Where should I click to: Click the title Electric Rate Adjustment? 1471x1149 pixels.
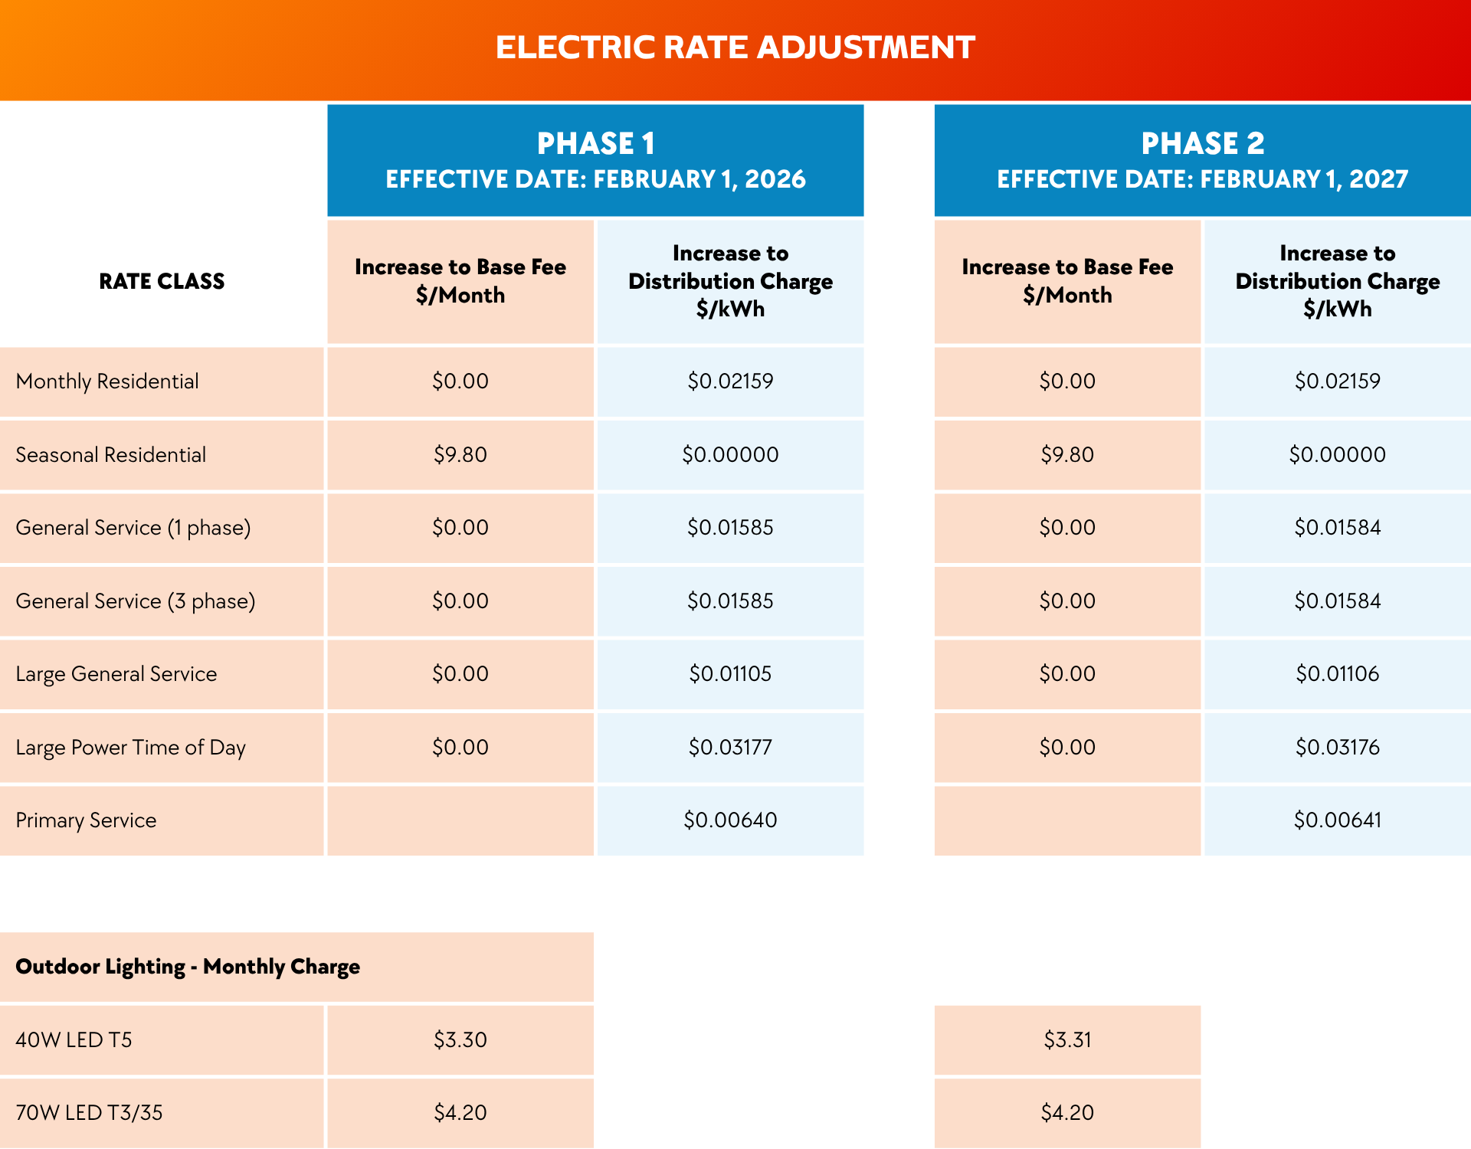click(x=735, y=47)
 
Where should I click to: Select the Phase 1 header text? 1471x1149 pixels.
click(x=595, y=143)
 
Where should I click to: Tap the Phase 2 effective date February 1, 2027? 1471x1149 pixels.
click(x=1202, y=179)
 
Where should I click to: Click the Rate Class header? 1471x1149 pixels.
click(x=162, y=281)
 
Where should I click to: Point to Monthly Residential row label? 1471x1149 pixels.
click(x=107, y=381)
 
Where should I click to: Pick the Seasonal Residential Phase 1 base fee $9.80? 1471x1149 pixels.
click(x=460, y=455)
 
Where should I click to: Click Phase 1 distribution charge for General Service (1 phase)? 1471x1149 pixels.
click(x=730, y=528)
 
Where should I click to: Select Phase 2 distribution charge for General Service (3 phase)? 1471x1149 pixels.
click(x=1337, y=601)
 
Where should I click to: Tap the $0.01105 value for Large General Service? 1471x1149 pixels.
click(x=730, y=674)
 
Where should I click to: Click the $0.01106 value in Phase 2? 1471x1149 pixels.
click(x=1337, y=674)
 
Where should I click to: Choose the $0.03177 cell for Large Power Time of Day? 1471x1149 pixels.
click(x=730, y=747)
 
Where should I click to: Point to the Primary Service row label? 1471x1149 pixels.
click(x=86, y=820)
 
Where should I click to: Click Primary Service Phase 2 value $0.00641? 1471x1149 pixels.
click(x=1337, y=820)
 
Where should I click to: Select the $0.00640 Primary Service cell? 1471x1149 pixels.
click(x=730, y=820)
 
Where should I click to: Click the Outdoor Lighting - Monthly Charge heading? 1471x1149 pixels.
click(x=188, y=967)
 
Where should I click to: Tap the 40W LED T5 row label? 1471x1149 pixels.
click(x=74, y=1040)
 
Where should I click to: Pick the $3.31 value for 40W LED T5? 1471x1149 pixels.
click(x=1067, y=1040)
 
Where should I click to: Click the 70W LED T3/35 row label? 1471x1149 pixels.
click(x=89, y=1113)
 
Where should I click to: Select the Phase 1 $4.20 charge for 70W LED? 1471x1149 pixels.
click(x=460, y=1113)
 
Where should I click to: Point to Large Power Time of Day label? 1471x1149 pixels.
click(x=130, y=748)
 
